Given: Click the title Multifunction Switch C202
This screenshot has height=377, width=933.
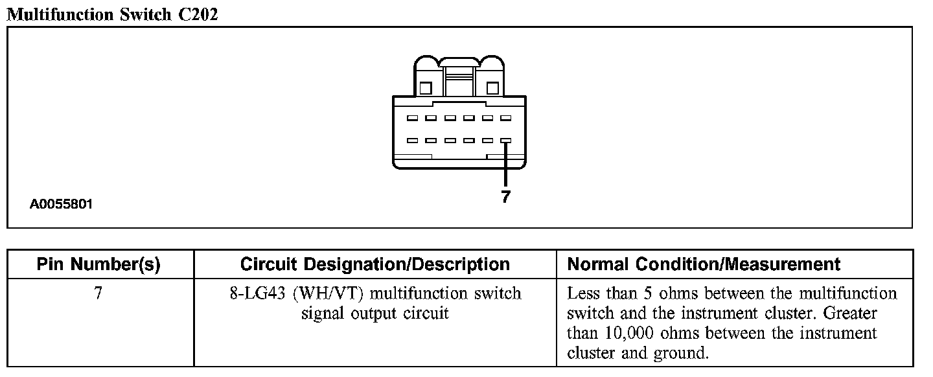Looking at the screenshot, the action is tap(112, 14).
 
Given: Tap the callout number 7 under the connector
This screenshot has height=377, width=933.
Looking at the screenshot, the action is tap(506, 198).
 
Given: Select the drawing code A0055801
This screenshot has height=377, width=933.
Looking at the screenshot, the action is tap(62, 204).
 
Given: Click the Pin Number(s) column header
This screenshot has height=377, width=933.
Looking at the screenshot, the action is tap(98, 264).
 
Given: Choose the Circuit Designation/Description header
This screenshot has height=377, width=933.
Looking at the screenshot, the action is tap(374, 264).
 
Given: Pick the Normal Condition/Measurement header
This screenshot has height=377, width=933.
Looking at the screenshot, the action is tap(704, 264).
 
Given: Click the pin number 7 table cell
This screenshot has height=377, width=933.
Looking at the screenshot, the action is tap(98, 293).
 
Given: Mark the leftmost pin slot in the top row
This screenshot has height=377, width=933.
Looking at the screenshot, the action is tap(412, 119).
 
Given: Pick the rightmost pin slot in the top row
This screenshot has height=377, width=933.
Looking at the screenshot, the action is tap(506, 119).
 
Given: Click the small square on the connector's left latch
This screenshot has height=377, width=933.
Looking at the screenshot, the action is tap(426, 87).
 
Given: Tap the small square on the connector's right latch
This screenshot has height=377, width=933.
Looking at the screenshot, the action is tap(492, 87).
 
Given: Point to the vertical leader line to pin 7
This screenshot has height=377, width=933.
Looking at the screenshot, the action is tap(506, 165).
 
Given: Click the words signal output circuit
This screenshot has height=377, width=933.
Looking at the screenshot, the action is tap(375, 314).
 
